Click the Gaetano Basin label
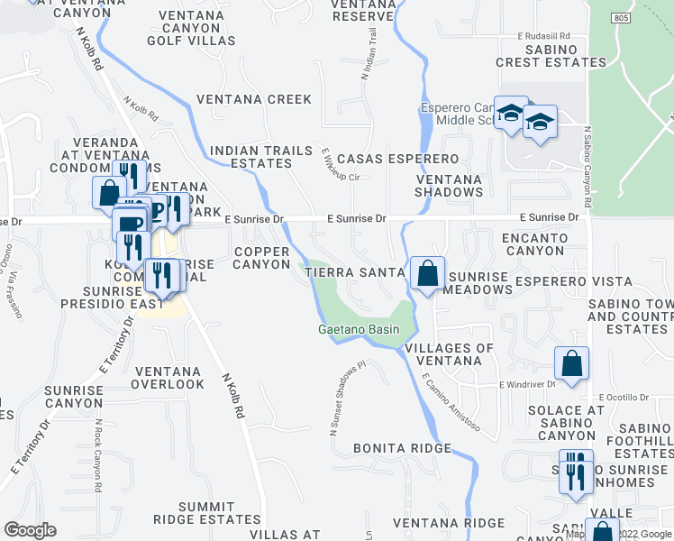coord(359,330)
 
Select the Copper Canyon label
coord(261,257)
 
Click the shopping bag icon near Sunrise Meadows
coord(427,272)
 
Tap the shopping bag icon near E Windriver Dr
coord(571,363)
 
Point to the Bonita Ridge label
coord(402,448)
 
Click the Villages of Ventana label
coord(449,354)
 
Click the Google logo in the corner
coord(31,530)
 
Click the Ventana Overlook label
coord(167,377)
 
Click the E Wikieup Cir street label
coord(334,158)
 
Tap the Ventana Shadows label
coord(449,185)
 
